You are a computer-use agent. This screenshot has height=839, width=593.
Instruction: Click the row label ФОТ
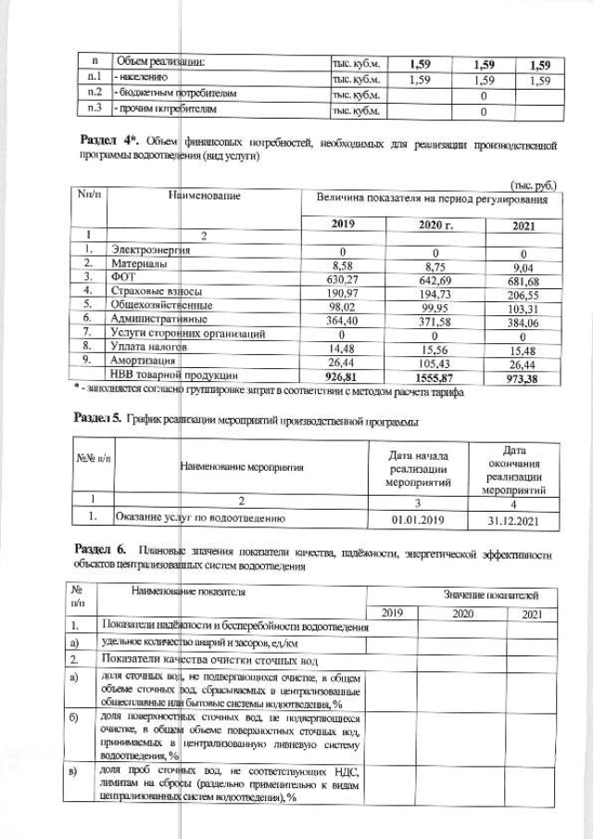click(124, 276)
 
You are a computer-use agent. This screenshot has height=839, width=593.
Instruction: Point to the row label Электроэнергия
click(151, 250)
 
